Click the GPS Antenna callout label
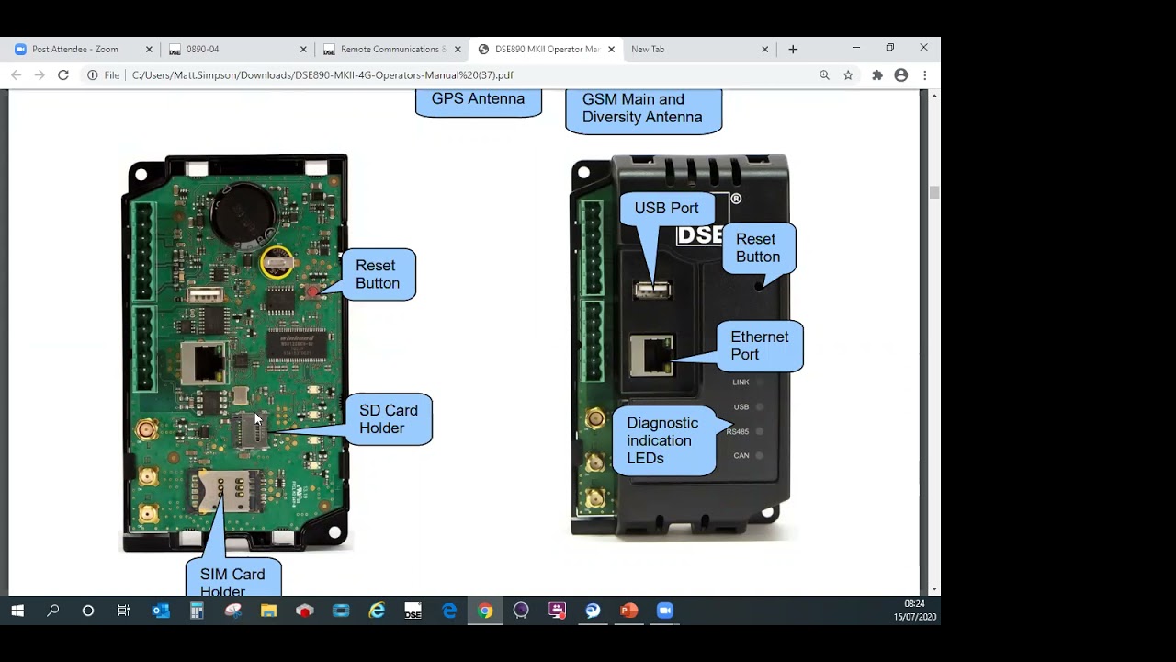click(x=478, y=99)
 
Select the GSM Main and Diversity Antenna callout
click(x=642, y=108)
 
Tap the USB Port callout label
click(x=666, y=209)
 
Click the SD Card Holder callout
click(x=388, y=419)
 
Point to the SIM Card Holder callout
click(x=232, y=579)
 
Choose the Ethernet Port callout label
click(x=759, y=346)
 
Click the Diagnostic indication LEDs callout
click(x=662, y=440)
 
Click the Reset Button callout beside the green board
click(x=377, y=274)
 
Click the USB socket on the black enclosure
click(x=652, y=291)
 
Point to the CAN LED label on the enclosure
click(x=741, y=456)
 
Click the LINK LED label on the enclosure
click(x=741, y=382)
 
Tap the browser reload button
click(x=63, y=75)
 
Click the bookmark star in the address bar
click(x=848, y=75)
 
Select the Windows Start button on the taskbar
click(x=17, y=611)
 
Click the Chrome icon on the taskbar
click(x=485, y=611)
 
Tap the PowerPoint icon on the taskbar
click(x=629, y=611)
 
